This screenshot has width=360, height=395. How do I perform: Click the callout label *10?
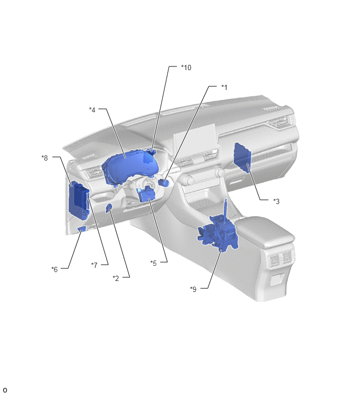[186, 67]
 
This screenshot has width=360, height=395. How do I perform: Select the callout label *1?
[224, 87]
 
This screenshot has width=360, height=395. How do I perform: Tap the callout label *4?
[92, 109]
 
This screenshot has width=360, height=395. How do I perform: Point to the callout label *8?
[44, 158]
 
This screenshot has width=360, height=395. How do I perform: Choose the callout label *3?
[276, 201]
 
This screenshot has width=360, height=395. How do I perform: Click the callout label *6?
[54, 269]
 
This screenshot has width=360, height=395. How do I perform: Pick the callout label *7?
[94, 265]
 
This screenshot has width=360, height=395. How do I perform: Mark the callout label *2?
[116, 278]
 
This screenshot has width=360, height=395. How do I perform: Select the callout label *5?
[153, 263]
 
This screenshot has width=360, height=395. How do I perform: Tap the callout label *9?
[193, 289]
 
